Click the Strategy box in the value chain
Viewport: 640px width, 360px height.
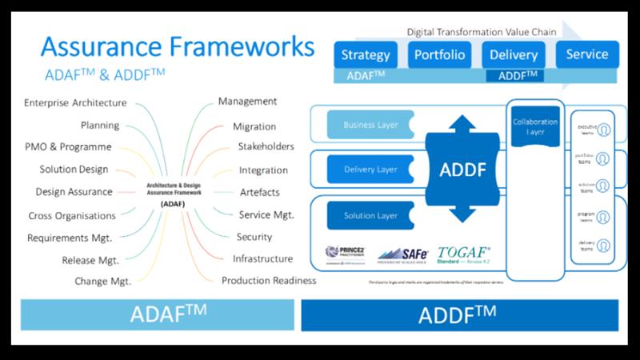[366, 55]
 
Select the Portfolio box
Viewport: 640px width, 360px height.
[438, 55]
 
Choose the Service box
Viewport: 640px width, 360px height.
[586, 54]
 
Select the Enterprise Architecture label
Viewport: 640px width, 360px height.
[75, 103]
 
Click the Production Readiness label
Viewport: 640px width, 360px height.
[269, 281]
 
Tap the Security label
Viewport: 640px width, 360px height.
[254, 237]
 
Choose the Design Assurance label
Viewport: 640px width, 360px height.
[74, 192]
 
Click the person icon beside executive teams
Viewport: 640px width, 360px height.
[603, 130]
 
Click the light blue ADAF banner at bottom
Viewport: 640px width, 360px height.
[158, 314]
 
